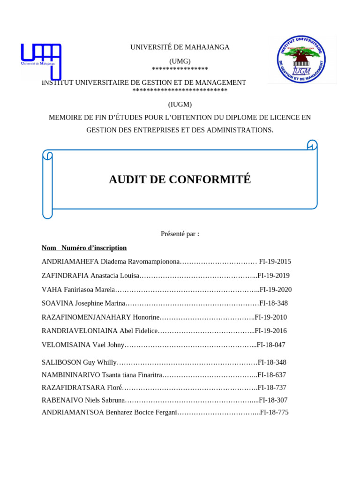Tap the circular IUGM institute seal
(301, 60)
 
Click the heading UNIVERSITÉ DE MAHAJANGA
(180, 47)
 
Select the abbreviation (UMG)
(180, 61)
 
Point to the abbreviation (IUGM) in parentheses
(180, 105)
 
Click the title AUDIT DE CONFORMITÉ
(180, 180)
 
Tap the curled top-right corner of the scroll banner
(312, 145)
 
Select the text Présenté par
(180, 234)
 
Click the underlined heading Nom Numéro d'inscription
(84, 248)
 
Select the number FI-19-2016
(271, 331)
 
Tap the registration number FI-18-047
(270, 345)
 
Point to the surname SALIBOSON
(61, 362)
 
